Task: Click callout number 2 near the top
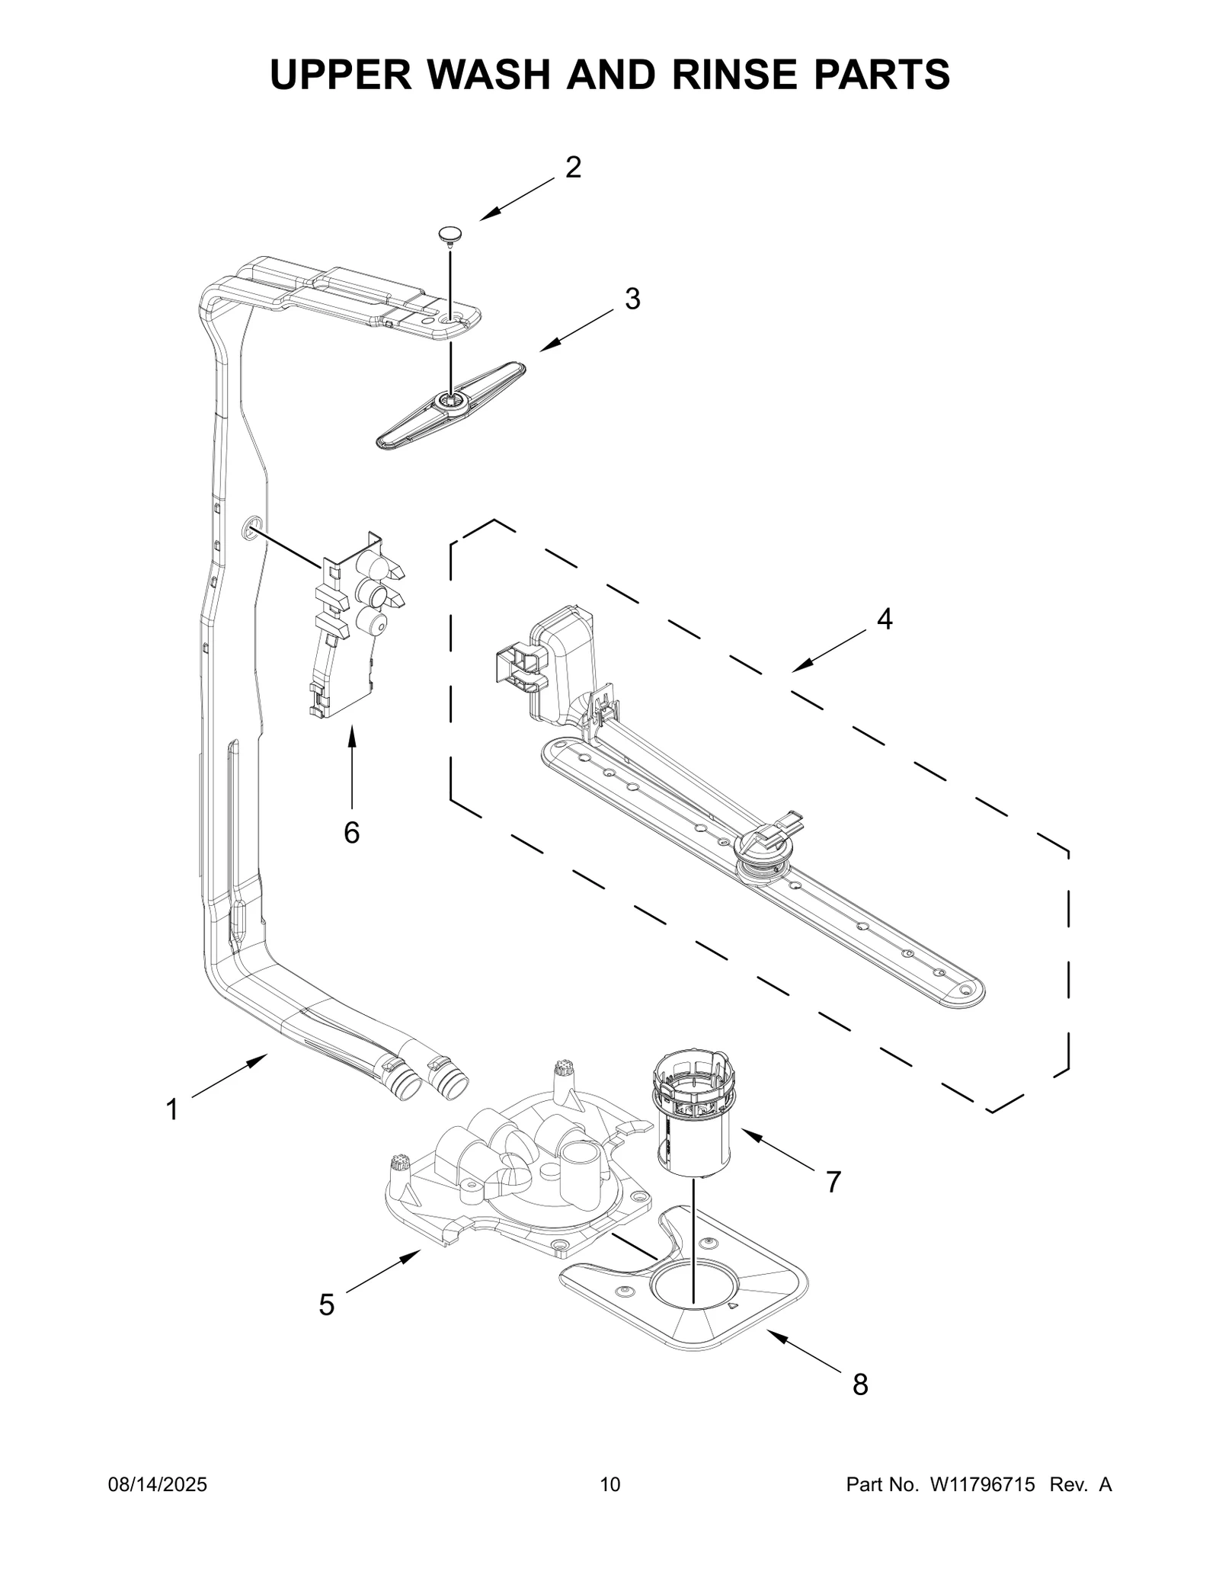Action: (573, 168)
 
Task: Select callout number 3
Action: (632, 299)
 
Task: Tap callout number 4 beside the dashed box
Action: (884, 619)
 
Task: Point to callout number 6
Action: (351, 833)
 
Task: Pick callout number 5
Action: (326, 1305)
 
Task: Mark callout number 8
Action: (860, 1384)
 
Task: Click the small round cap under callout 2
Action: (450, 234)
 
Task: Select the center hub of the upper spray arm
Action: (450, 401)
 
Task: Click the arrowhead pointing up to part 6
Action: (352, 734)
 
